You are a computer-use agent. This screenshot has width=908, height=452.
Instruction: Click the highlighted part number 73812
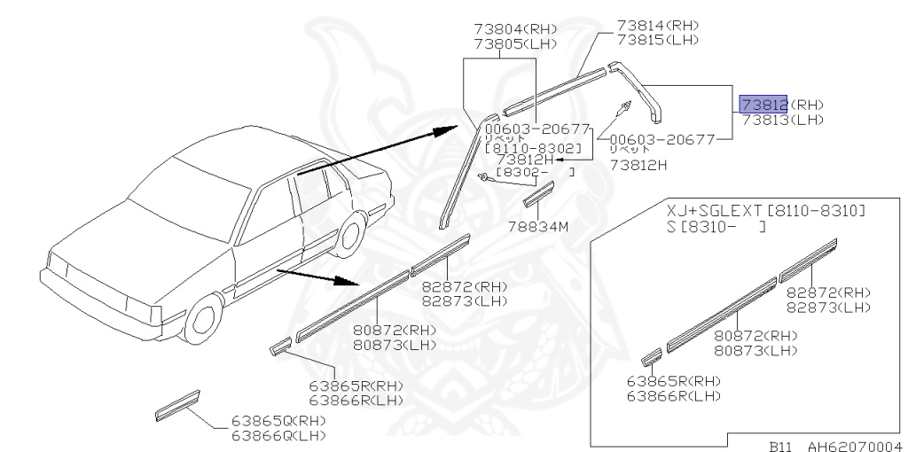763,104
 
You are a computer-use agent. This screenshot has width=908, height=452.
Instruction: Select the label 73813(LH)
782,120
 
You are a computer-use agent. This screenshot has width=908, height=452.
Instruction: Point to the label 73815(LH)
659,40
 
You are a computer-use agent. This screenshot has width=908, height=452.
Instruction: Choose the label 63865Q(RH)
278,421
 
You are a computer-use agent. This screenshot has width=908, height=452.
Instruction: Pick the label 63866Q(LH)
278,435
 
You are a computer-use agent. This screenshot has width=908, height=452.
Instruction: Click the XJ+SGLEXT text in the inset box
715,212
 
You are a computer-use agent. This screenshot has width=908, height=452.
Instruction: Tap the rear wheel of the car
353,233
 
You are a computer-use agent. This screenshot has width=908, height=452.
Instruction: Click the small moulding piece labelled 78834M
538,193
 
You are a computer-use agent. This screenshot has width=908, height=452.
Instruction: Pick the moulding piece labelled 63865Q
178,403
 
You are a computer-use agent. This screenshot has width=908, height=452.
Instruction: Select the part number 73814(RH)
659,25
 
